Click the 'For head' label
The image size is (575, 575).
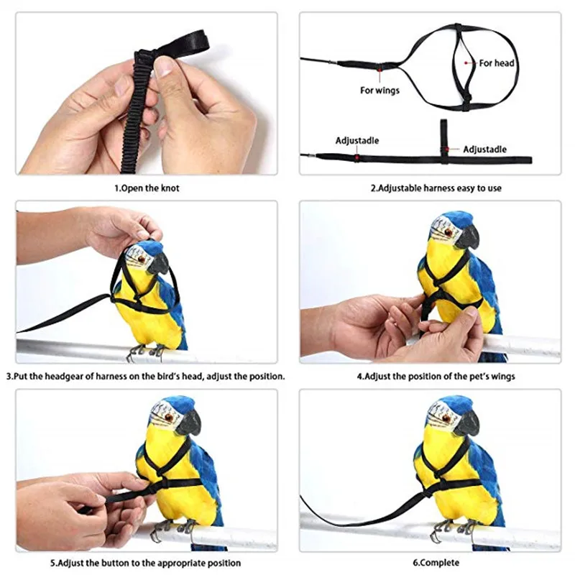point(497,63)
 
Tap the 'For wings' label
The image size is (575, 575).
point(379,91)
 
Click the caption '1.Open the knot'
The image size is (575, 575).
point(147,188)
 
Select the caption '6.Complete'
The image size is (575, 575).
point(436,563)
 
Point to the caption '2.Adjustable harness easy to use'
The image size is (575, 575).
point(436,188)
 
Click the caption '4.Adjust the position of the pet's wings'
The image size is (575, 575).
point(436,376)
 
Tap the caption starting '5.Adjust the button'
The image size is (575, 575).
point(146,563)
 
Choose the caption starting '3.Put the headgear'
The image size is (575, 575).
point(146,376)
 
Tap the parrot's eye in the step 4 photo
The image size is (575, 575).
point(448,231)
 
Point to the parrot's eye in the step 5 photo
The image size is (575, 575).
point(169,417)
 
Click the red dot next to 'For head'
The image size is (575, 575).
point(466,63)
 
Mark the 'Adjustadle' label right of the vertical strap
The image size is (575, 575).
point(484,149)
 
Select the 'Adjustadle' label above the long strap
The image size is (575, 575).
point(357,140)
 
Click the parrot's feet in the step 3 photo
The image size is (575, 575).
point(147,352)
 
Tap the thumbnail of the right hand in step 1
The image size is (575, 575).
point(164,67)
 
